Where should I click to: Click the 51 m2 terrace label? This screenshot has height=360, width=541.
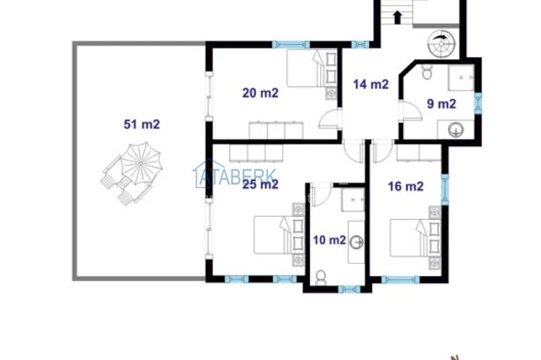coord(142,124)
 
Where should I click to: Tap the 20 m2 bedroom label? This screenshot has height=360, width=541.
coord(260,93)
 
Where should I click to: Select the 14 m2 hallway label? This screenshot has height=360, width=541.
coord(371,84)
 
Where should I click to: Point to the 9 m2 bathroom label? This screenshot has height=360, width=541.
coord(441,104)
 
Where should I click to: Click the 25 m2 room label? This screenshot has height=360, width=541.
coord(260,184)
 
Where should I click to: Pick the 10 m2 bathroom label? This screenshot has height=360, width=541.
coord(329,240)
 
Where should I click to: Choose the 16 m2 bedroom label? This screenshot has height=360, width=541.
coord(405,186)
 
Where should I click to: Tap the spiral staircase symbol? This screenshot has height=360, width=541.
coord(441,43)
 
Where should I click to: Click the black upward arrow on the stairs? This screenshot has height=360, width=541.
coord(397,17)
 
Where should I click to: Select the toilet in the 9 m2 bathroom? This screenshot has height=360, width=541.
coord(427,71)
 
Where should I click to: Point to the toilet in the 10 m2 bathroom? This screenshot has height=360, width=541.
coord(321,277)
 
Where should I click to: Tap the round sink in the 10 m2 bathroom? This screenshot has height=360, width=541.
coord(356,242)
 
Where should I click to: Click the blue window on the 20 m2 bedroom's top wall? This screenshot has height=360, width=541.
coord(290,45)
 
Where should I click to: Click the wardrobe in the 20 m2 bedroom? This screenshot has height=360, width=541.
coord(276,130)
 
